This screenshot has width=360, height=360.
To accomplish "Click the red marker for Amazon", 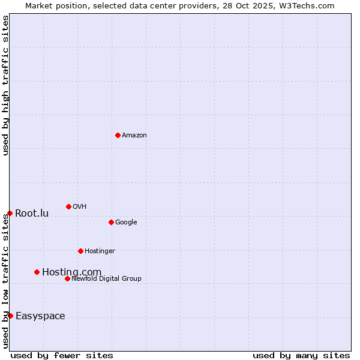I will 118,135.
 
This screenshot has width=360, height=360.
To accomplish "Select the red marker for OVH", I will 68,206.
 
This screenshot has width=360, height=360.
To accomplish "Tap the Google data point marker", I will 111,222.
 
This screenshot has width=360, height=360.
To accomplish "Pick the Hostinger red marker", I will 80,251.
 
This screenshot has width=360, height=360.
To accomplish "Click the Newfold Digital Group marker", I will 67,278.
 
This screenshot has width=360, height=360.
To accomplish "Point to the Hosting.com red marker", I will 37,272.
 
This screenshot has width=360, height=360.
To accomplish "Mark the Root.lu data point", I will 10,213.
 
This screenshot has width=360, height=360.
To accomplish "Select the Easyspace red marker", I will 10,316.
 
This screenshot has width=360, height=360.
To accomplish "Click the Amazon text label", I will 134,136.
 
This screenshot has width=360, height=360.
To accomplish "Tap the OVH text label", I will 80,207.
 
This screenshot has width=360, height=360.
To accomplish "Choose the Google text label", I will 126,223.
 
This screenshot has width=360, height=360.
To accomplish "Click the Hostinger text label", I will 100,251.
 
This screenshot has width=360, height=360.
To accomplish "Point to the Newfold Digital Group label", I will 107,279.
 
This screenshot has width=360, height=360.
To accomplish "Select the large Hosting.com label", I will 71,272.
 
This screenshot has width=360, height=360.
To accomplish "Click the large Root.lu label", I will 32,214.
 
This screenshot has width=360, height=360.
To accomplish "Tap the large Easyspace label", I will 40,316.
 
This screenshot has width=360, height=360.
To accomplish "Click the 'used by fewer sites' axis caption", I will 62,355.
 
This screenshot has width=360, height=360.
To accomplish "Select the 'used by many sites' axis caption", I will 301,355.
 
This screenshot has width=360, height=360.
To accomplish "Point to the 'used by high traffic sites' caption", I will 5,85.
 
